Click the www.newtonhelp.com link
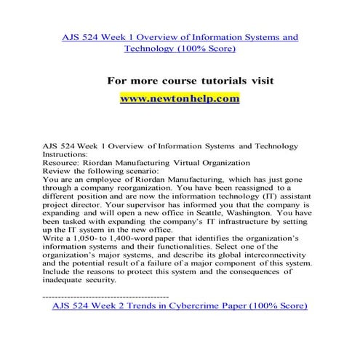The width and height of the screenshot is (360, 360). tap(178, 98)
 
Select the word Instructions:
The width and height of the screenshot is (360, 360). tap(69, 154)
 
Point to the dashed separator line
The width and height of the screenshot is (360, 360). tap(106, 297)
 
